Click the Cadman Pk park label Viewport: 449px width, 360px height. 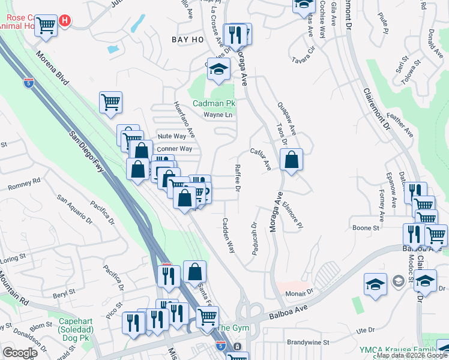[x=214, y=103]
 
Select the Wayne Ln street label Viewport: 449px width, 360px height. [x=217, y=115]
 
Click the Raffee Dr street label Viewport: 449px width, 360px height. [x=238, y=178]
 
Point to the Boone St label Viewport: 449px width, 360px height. [x=366, y=228]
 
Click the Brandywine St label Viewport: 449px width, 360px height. [x=308, y=342]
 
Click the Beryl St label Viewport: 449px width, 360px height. [x=62, y=292]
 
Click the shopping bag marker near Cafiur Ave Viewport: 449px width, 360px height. [x=291, y=160]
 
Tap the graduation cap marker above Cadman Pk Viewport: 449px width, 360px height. [x=219, y=69]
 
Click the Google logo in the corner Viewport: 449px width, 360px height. [x=20, y=352]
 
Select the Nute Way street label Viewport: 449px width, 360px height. [x=171, y=136]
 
